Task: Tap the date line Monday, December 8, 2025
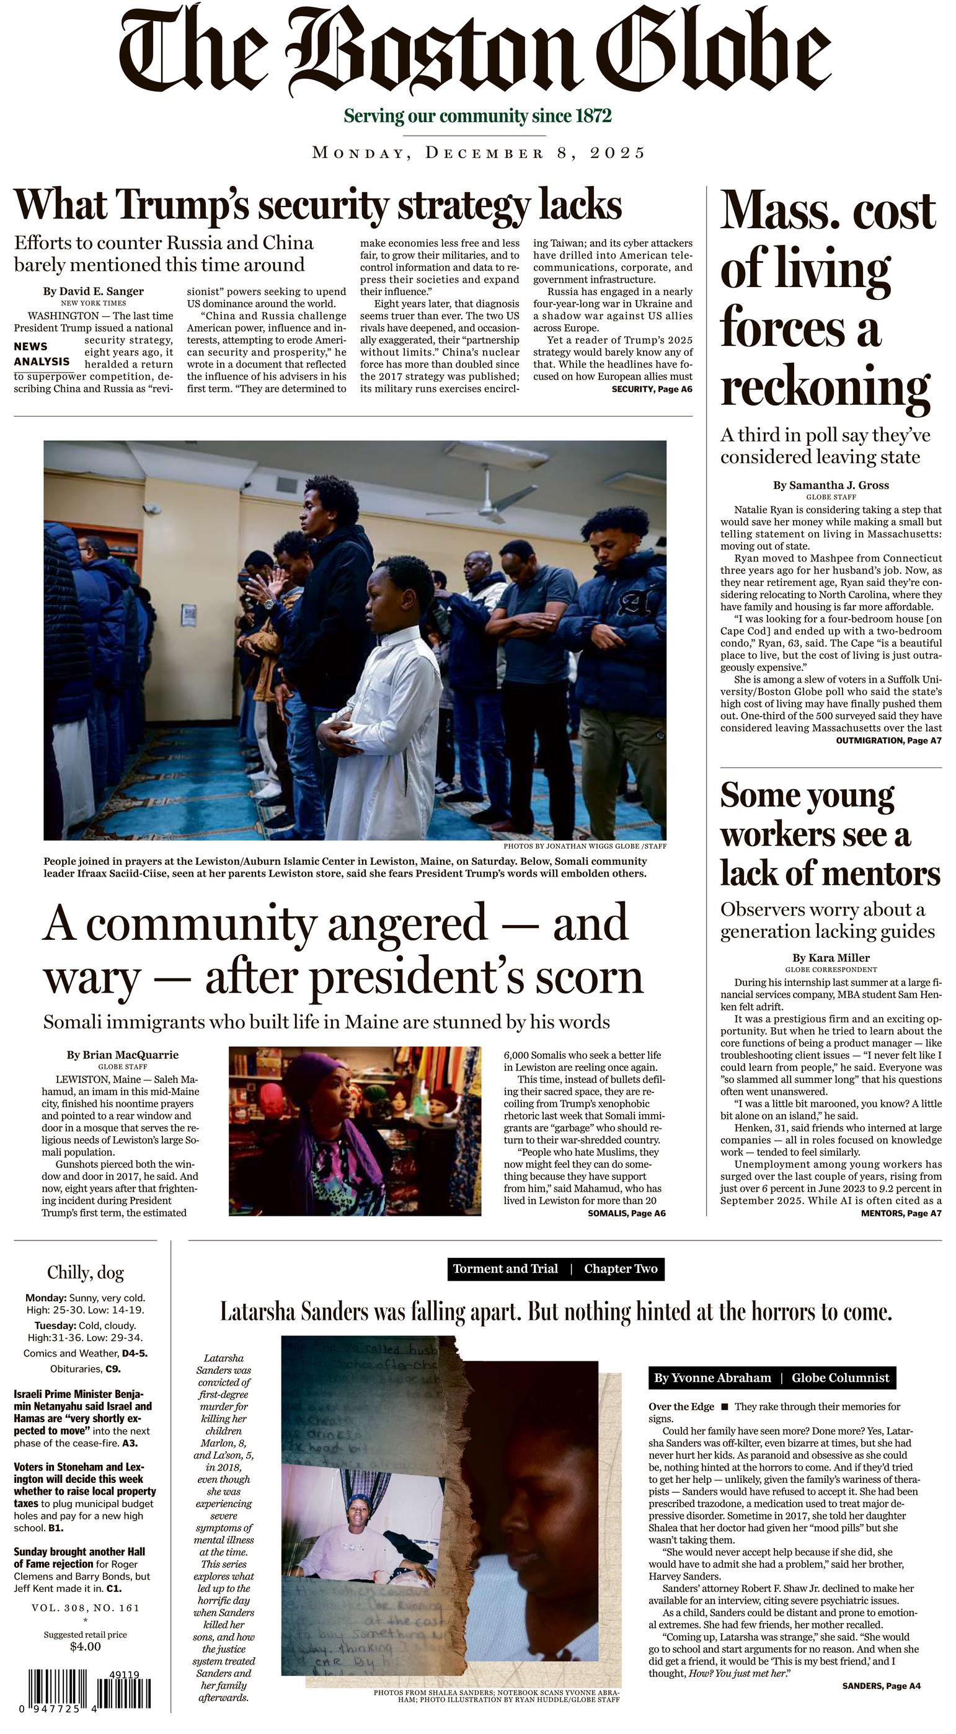pyautogui.click(x=478, y=153)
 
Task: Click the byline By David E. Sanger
pyautogui.click(x=94, y=291)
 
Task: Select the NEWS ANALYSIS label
pyautogui.click(x=42, y=354)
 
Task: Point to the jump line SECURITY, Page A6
pyautogui.click(x=651, y=389)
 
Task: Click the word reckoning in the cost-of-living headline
pyautogui.click(x=825, y=386)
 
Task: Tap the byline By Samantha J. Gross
pyautogui.click(x=830, y=485)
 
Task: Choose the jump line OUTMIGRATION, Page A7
pyautogui.click(x=888, y=740)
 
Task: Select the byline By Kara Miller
pyautogui.click(x=830, y=957)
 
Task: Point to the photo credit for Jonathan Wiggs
pyautogui.click(x=585, y=846)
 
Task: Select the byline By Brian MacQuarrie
pyautogui.click(x=122, y=1054)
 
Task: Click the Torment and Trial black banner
pyautogui.click(x=555, y=1269)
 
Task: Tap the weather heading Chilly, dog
pyautogui.click(x=85, y=1272)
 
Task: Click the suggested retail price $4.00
pyautogui.click(x=85, y=1647)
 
